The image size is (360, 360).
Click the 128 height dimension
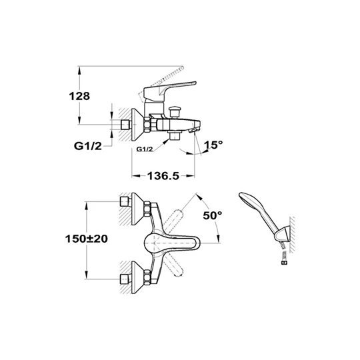[79, 96]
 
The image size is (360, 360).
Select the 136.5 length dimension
[163, 176]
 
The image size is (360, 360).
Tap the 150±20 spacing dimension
[86, 239]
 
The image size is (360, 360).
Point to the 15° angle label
[213, 145]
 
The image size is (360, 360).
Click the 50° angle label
[213, 215]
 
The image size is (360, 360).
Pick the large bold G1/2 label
[88, 146]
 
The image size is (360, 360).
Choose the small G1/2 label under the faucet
[145, 149]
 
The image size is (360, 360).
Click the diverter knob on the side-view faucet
[173, 111]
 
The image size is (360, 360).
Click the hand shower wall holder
[282, 235]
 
